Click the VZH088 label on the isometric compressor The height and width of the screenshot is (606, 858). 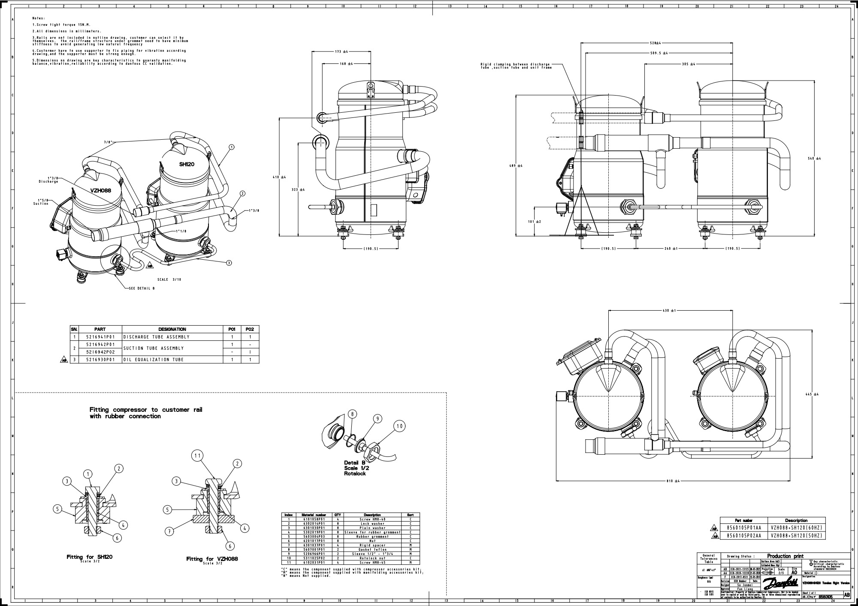(x=101, y=190)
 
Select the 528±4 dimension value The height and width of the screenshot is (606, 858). (x=655, y=43)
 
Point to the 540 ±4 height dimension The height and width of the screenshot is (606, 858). (x=814, y=159)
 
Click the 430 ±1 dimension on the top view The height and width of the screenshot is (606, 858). (x=669, y=311)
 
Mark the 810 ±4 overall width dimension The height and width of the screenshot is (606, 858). (x=673, y=481)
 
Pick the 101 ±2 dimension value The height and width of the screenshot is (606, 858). (x=535, y=222)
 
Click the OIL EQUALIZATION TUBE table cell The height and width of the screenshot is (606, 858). (x=154, y=360)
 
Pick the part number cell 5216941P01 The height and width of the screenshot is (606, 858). (x=100, y=337)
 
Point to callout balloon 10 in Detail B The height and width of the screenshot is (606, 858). (x=399, y=426)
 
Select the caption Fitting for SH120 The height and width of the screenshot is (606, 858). (x=89, y=557)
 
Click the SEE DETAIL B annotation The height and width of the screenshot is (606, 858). (x=142, y=288)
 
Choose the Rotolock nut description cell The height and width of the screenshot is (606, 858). (x=372, y=558)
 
